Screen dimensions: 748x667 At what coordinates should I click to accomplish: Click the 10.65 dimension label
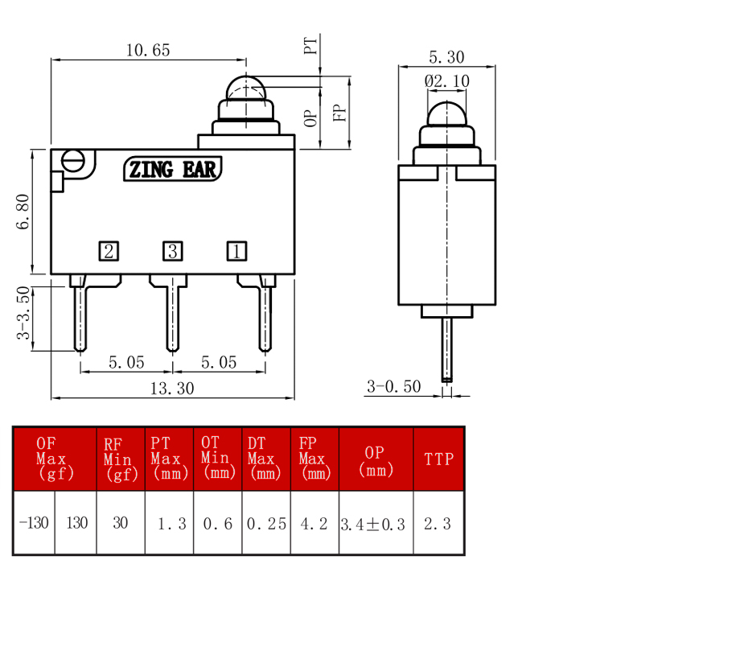pos(148,50)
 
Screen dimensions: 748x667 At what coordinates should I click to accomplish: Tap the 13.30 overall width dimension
pos(172,389)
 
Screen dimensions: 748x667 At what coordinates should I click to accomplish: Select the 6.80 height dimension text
pos(23,212)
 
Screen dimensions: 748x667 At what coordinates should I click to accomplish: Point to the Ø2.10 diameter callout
pos(447,81)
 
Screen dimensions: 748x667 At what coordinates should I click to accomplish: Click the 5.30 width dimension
pos(446,57)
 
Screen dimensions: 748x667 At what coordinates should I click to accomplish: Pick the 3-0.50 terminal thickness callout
pos(393,386)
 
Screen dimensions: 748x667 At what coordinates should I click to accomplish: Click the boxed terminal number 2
pos(109,251)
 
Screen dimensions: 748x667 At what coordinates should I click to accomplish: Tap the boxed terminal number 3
pos(173,251)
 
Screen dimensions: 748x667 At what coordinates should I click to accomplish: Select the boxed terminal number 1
pos(236,251)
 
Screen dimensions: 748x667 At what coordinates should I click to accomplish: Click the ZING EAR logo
pos(173,170)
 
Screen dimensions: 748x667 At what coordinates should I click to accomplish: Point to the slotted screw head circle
pos(73,161)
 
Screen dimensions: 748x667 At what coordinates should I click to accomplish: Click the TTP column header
pos(439,459)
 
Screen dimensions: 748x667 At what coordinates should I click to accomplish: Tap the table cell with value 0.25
pos(266,524)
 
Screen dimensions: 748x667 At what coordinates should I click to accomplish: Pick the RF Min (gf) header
pos(121,459)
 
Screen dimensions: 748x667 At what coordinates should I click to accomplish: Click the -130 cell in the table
pos(35,523)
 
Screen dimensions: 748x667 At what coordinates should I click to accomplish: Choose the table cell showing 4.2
pos(314,524)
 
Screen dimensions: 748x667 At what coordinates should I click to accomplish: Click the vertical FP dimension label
pos(339,113)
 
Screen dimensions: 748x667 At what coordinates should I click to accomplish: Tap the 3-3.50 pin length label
pos(23,312)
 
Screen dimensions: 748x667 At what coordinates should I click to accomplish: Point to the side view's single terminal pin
pos(447,350)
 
